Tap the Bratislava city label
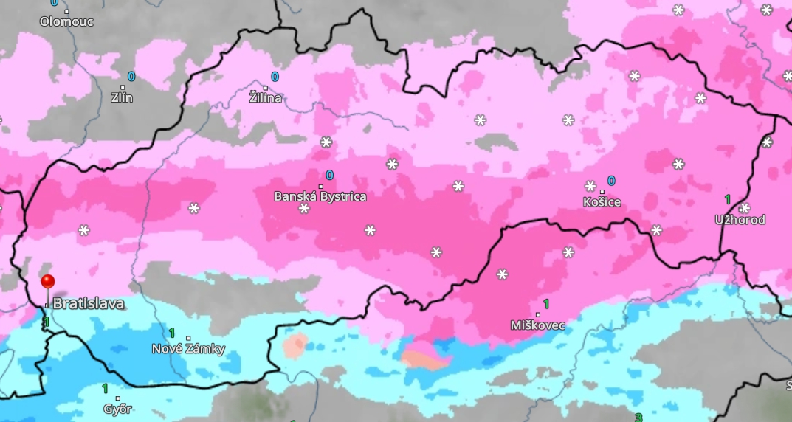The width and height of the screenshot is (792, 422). [88, 304]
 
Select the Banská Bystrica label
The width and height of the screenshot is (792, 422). [320, 197]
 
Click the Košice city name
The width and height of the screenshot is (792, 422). [602, 202]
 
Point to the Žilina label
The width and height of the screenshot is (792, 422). [265, 98]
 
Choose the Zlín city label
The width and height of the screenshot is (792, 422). [122, 97]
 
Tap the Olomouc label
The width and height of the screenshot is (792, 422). [66, 21]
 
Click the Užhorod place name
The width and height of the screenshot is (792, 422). [740, 220]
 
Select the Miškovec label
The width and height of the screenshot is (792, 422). [537, 325]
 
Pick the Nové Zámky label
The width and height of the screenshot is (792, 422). [188, 349]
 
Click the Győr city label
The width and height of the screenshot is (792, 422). [117, 409]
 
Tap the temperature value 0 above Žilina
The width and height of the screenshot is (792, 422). [275, 77]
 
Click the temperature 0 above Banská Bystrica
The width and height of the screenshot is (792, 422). [329, 176]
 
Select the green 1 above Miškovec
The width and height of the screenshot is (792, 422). [546, 304]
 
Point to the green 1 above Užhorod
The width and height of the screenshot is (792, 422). [727, 199]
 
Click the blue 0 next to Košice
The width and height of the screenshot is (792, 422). [611, 181]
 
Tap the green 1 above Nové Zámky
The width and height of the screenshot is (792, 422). [172, 333]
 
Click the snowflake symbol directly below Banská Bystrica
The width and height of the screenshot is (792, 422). [304, 210]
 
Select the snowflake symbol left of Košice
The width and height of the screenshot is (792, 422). [590, 186]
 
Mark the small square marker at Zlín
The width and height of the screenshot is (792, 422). [123, 87]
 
